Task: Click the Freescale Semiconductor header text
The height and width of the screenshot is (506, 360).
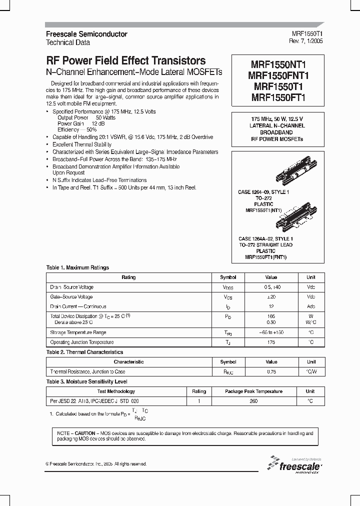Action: tap(86, 34)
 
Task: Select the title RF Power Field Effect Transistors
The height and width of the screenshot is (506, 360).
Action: tap(125, 60)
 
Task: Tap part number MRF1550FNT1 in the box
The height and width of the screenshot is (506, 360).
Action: tap(278, 75)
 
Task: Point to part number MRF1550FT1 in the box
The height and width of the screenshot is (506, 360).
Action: tap(278, 98)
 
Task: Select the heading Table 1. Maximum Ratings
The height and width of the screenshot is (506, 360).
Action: tap(77, 268)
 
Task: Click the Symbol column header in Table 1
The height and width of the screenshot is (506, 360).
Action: tap(228, 277)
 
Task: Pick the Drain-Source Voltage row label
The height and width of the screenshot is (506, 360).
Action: tap(72, 287)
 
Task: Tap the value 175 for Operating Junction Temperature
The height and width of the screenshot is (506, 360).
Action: tap(271, 342)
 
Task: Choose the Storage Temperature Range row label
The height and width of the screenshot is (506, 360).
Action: tap(78, 332)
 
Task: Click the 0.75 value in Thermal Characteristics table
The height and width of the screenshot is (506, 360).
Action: tap(271, 371)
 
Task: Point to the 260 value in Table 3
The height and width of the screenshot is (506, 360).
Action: tap(253, 401)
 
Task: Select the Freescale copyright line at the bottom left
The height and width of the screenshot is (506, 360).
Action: tap(96, 464)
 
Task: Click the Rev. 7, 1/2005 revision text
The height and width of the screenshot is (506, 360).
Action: tap(307, 41)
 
